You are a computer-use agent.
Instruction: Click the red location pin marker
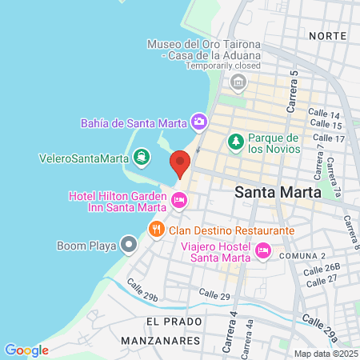coord(180,163)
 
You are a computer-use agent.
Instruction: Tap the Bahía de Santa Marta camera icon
coord(199,122)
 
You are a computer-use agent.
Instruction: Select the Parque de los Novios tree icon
coord(236,142)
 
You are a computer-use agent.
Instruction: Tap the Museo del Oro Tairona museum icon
coord(238,82)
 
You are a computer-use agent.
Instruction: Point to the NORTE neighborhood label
coord(327,36)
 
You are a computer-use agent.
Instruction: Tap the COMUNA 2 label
coord(302,255)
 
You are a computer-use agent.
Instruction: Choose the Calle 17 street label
coord(329,138)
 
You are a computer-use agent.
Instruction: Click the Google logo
coord(26,350)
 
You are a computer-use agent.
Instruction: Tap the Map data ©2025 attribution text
coord(325,354)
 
